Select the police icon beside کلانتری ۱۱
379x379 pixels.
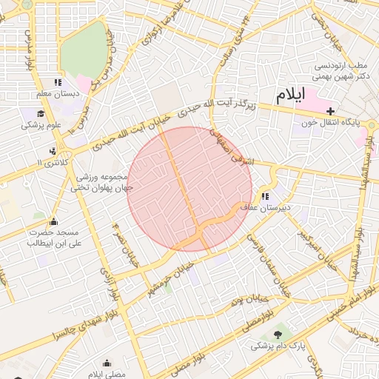(x=53, y=151)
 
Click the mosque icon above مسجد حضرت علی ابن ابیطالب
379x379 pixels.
(x=53, y=221)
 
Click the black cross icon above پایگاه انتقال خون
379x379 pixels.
(x=330, y=110)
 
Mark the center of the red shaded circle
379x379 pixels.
(x=189, y=189)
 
